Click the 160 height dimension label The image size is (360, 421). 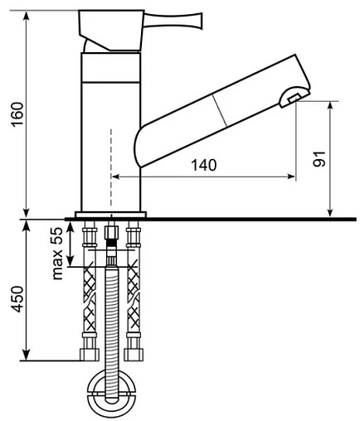point(17,114)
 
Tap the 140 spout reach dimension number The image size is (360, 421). point(204,165)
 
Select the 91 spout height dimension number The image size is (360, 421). point(319,159)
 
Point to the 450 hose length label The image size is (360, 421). point(17,299)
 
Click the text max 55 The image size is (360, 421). point(57,254)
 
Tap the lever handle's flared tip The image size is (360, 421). point(197,21)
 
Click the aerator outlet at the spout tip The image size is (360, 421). point(294,98)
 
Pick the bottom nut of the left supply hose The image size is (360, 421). point(90,355)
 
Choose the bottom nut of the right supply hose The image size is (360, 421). point(134,355)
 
